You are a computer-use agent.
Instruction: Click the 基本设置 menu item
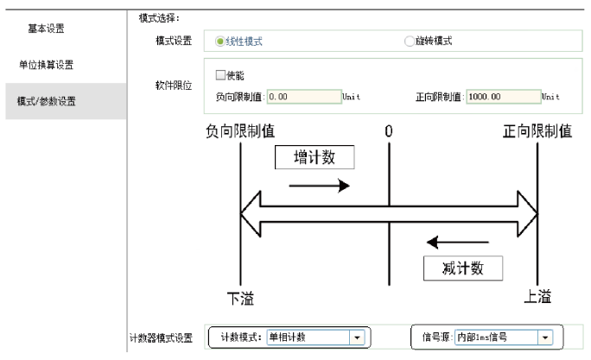point(46,28)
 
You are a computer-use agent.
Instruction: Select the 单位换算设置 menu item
point(46,65)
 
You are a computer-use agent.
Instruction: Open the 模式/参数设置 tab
point(46,101)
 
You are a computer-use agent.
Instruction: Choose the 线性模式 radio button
point(220,41)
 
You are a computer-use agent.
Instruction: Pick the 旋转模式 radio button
point(409,41)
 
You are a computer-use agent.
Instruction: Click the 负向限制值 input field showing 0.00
point(304,96)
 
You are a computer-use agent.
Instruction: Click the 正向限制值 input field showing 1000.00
point(503,96)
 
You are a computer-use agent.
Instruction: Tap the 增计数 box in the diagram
point(315,158)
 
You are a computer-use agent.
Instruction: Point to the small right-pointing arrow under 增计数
point(319,186)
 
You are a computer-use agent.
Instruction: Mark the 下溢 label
point(241,298)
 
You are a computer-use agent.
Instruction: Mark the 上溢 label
point(538,297)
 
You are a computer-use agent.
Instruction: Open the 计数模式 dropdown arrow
point(355,337)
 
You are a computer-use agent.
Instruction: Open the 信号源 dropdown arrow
point(544,337)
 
